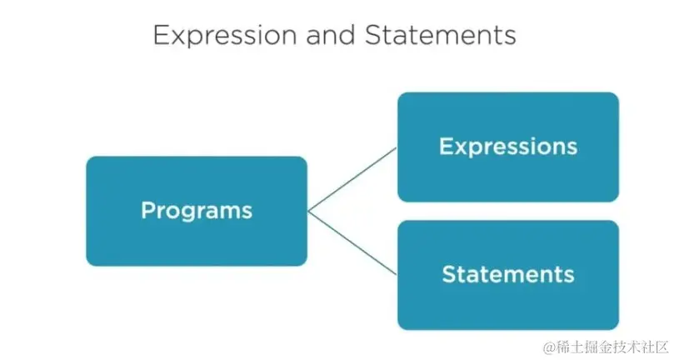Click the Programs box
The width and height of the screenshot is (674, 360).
click(x=197, y=211)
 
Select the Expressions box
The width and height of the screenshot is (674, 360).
click(x=507, y=147)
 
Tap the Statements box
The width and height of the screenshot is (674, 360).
click(x=507, y=274)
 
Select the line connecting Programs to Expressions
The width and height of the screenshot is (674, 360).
click(x=352, y=179)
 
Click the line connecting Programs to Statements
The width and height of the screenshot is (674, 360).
click(x=352, y=242)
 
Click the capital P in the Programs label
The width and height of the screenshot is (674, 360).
click(x=148, y=210)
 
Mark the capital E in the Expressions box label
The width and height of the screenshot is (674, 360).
click(x=446, y=147)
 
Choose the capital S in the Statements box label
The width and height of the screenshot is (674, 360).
click(x=448, y=274)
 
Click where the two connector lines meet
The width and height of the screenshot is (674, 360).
click(x=308, y=211)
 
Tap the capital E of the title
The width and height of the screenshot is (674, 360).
click(x=161, y=36)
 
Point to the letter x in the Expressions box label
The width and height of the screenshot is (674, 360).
click(x=462, y=147)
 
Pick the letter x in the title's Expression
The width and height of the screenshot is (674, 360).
click(x=177, y=37)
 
